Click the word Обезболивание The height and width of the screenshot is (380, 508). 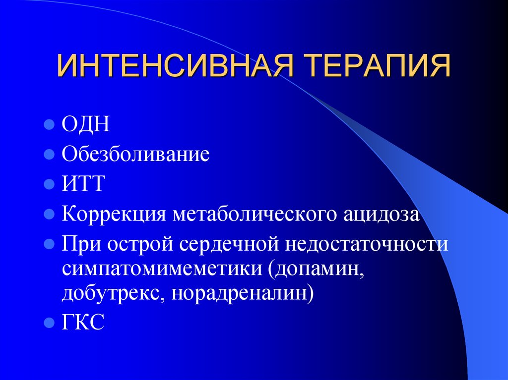pos(135,154)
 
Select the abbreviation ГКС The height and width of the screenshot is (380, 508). pos(83,323)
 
